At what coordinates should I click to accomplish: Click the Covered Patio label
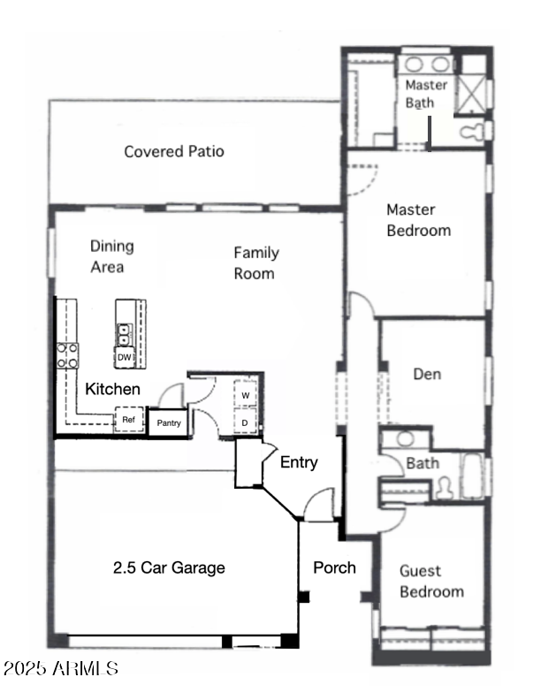point(173,151)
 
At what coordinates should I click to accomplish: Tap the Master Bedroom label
point(418,220)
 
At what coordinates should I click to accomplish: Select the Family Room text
point(255,262)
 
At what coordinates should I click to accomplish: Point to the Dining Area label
point(111,256)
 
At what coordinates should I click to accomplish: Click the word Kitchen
point(112,389)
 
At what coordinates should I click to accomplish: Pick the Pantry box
point(169,423)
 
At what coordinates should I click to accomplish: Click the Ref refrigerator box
point(128,420)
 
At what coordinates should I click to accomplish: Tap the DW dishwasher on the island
point(125,357)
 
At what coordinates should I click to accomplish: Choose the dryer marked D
point(246,422)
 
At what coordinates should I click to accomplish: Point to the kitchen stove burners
point(68,355)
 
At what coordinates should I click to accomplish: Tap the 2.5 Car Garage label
point(168,567)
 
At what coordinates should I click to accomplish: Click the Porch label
point(335,567)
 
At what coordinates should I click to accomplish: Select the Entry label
point(299,462)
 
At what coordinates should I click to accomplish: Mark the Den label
point(427,374)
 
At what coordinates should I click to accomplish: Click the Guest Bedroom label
point(431,581)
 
